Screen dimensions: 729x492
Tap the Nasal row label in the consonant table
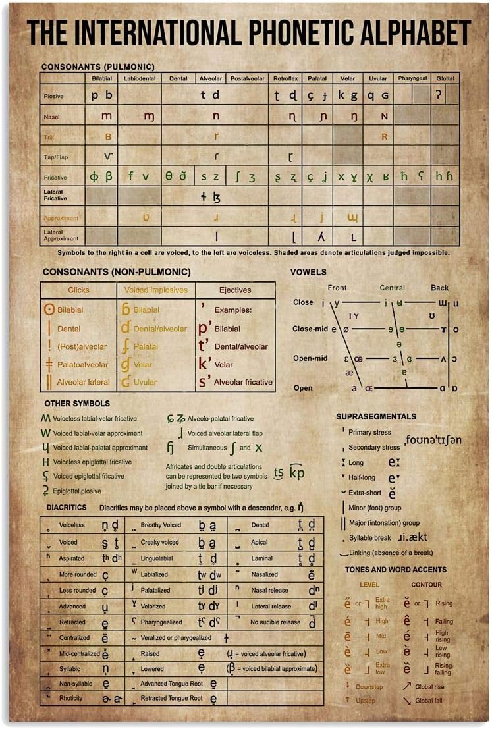pos(52,116)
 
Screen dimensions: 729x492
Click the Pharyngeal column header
pos(412,78)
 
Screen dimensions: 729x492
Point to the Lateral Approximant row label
pos(61,235)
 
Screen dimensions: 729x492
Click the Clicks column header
pos(78,290)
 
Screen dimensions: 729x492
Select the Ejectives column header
pos(235,290)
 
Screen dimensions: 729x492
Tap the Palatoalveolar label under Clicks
pos(82,364)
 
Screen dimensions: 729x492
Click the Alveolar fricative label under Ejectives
pos(243,382)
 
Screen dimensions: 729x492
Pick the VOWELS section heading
pos(308,272)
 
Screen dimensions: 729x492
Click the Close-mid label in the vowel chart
pos(310,328)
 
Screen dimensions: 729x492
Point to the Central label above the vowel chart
pos(392,288)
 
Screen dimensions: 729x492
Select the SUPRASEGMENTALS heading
pos(376,416)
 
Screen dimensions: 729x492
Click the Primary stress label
pos(369,433)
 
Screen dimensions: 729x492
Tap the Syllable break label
pos(369,537)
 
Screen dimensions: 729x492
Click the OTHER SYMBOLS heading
pos(77,403)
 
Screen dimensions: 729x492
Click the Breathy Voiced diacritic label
pos(161,525)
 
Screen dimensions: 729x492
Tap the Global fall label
pos(429,701)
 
